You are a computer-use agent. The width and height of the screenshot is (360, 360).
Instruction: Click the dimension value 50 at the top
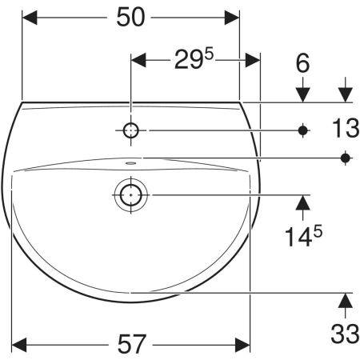click(130, 18)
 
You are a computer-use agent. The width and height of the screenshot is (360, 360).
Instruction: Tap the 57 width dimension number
click(132, 344)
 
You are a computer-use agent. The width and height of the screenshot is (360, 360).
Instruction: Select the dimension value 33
click(345, 334)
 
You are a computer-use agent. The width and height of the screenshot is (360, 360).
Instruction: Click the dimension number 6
click(302, 63)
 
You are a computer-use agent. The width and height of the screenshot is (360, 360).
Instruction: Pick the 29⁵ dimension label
click(194, 59)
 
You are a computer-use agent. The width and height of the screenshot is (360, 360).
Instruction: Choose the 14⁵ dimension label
click(303, 236)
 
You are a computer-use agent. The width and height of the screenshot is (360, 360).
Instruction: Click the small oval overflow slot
click(130, 162)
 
